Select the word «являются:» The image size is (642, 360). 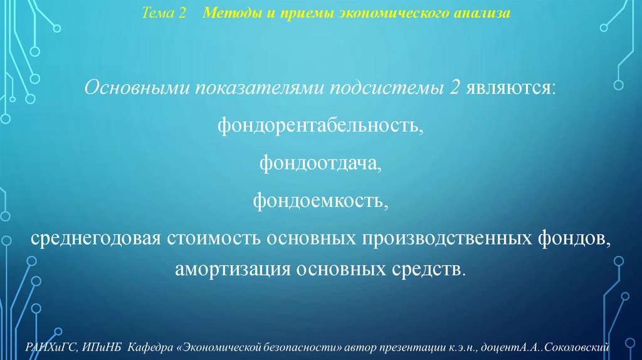(x=510, y=89)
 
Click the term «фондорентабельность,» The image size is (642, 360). (x=320, y=127)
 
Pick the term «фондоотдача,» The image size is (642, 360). (x=320, y=164)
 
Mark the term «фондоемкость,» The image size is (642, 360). (x=320, y=201)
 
